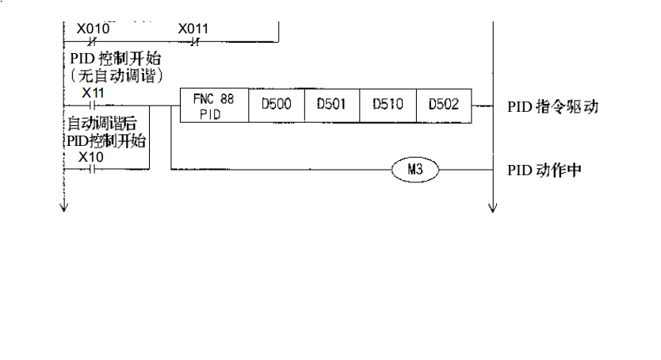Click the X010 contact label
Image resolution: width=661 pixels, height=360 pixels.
94,29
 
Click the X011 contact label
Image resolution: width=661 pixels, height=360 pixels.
193,29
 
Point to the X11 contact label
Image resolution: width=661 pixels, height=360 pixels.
94,93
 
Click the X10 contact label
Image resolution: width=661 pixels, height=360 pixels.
92,157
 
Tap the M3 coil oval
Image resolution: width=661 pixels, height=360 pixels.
415,169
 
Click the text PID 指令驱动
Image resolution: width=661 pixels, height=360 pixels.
552,106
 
